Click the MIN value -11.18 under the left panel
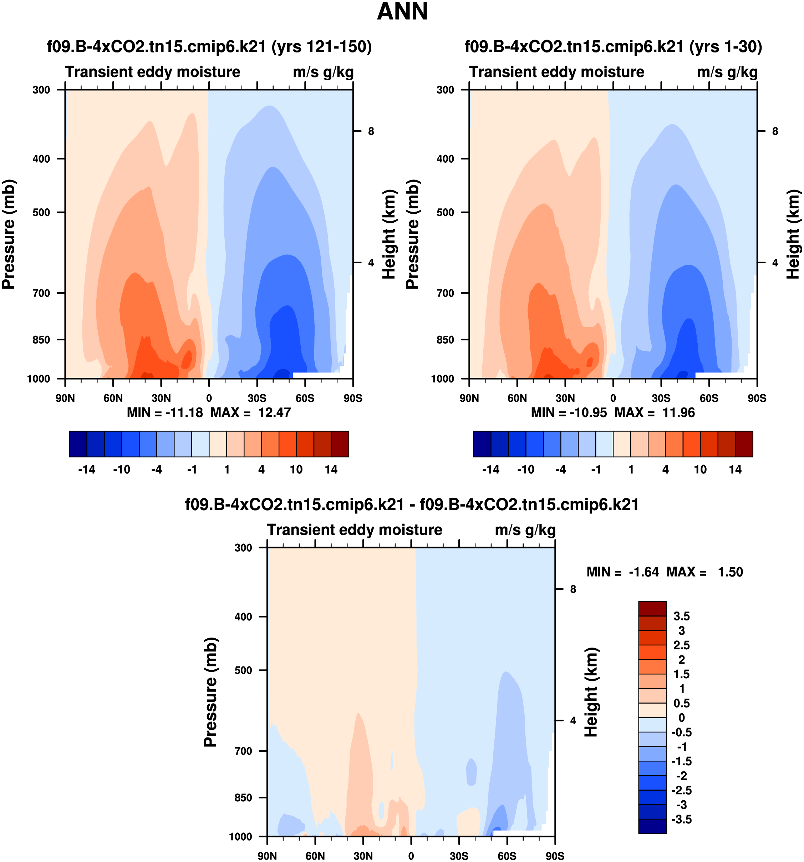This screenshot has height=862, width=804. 184,412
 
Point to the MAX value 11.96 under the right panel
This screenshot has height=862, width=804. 678,412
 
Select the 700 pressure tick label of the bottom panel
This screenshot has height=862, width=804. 243,751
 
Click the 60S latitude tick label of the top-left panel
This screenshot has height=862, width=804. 305,398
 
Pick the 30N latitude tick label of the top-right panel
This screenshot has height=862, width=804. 565,398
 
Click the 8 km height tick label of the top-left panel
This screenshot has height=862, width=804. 371,131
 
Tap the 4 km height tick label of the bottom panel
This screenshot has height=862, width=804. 573,721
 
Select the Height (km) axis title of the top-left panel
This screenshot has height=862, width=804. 390,234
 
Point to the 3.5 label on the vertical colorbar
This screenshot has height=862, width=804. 681,616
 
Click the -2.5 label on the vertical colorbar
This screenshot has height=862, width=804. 681,790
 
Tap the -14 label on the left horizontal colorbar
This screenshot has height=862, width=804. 87,470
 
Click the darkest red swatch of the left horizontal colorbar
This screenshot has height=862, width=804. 340,444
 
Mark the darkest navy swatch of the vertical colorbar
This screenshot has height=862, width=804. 652,826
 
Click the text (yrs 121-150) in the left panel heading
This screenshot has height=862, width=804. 322,46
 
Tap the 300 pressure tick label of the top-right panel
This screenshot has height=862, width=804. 445,90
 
